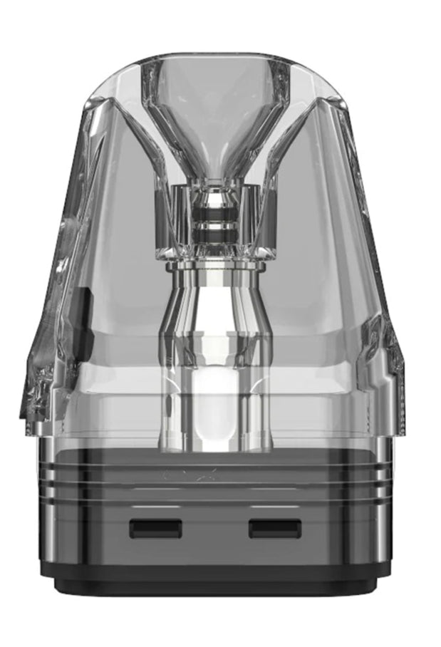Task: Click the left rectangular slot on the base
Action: [x=155, y=528]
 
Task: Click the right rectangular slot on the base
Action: [x=274, y=528]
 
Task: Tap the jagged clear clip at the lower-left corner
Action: [x=43, y=385]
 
